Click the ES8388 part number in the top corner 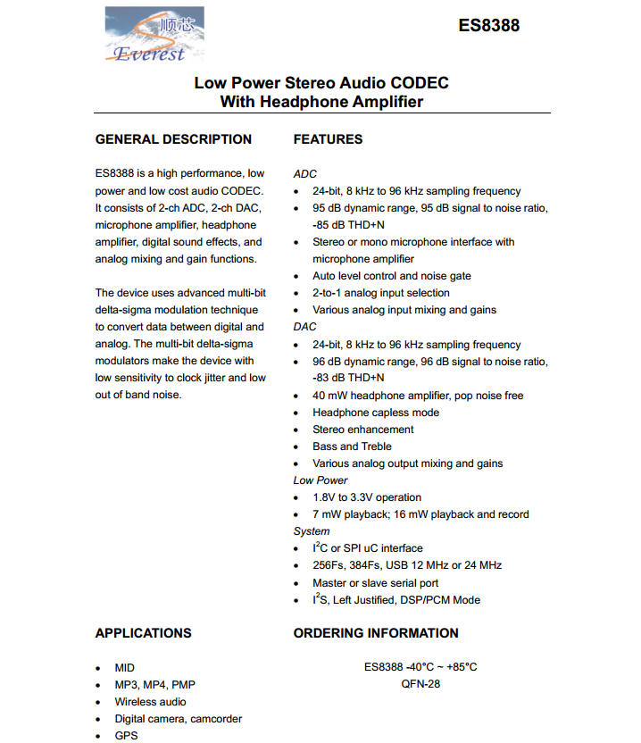coord(488,26)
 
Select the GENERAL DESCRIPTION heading coord(173,139)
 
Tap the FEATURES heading coord(328,139)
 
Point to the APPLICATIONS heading coord(143,633)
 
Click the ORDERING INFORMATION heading coord(376,633)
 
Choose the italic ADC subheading coord(304,174)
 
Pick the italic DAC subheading coord(304,327)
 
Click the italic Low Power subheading coord(320,480)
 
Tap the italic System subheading coord(312,531)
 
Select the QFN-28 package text coord(420,685)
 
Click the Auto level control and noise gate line coord(392,276)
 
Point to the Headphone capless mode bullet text coord(376,413)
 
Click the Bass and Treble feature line coord(352,447)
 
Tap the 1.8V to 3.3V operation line coord(367,497)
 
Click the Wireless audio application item coord(150,702)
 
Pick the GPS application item coord(126,736)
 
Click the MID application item coord(124,668)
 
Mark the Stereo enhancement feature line coord(363,430)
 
